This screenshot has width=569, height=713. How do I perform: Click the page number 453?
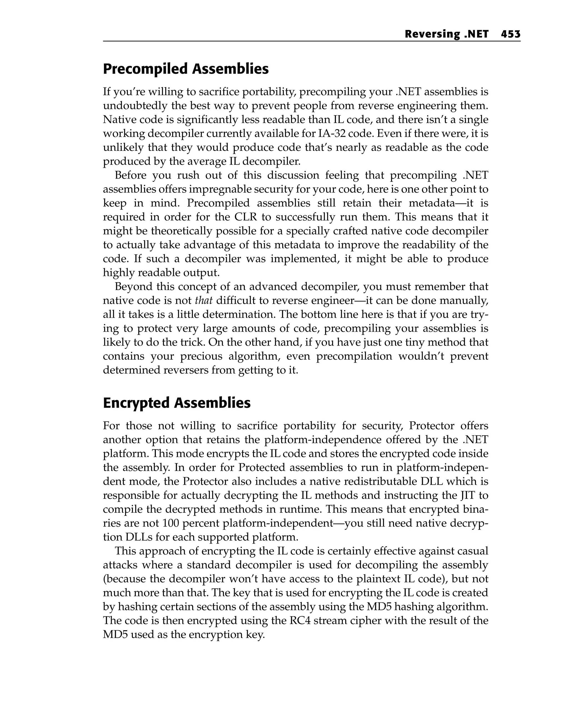pos(510,34)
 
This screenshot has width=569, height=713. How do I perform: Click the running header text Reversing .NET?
pos(446,34)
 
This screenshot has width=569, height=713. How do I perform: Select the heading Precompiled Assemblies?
pos(186,69)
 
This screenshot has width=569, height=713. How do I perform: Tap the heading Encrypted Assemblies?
pos(177,403)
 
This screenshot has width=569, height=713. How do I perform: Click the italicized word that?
pos(203,300)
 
